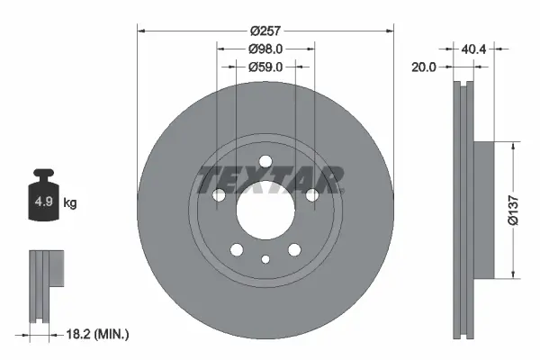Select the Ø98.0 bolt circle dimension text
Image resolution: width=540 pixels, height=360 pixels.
pos(265,49)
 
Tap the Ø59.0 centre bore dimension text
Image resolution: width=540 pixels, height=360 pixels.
pos(265,66)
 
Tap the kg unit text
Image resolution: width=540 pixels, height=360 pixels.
pos(70,203)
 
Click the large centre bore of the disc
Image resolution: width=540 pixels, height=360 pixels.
pos(265,210)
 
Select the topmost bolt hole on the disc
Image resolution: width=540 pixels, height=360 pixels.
pos(265,162)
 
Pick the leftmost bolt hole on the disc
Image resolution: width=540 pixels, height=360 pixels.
pos(218,195)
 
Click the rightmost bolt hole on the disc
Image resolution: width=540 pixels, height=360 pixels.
pos(312,195)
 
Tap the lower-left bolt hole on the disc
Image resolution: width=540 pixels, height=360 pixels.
pos(236,250)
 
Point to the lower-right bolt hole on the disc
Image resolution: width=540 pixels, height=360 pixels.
pos(294,250)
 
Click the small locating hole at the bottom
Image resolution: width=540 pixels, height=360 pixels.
pos(265,260)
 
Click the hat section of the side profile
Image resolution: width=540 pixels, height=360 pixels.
pos(484,209)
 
